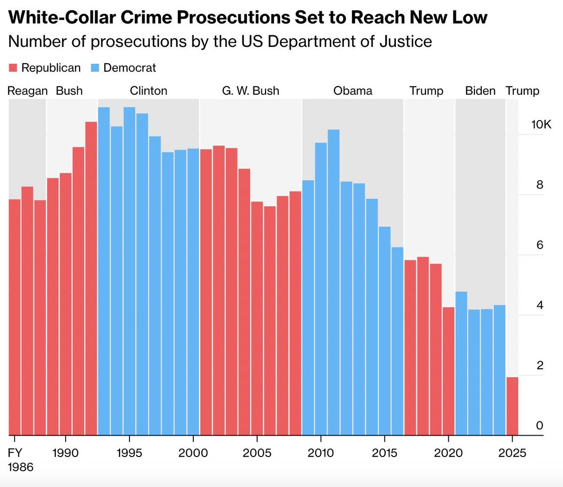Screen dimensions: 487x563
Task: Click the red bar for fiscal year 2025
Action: click(x=512, y=406)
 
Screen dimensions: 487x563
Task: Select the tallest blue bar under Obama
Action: click(x=334, y=281)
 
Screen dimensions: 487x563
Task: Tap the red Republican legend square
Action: click(x=13, y=68)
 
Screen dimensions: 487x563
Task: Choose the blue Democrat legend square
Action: click(x=95, y=68)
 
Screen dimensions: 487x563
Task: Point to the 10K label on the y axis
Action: click(x=541, y=124)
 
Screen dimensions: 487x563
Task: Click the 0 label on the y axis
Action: click(x=540, y=426)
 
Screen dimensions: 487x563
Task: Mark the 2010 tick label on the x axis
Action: click(x=321, y=453)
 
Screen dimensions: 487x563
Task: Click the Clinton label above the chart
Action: click(x=148, y=90)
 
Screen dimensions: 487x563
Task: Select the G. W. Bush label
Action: click(x=251, y=90)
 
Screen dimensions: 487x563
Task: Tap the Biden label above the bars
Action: click(x=480, y=90)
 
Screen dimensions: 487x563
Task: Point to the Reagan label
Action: click(x=28, y=90)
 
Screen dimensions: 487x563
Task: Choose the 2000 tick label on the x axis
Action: click(x=193, y=453)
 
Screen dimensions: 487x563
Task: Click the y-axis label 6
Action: click(x=540, y=245)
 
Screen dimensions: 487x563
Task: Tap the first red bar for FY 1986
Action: click(x=15, y=319)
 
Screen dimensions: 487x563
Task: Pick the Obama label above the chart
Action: click(x=353, y=90)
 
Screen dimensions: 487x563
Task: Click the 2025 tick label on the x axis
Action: click(x=512, y=453)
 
